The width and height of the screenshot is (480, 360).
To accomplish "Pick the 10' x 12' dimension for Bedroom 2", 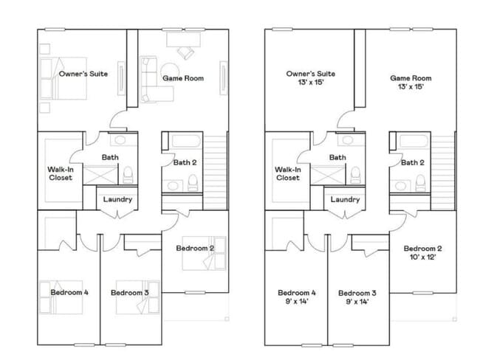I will tap(423, 257).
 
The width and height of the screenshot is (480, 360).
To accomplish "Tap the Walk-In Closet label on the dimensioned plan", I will tap(288, 173).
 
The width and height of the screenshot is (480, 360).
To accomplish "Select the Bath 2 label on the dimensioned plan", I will tap(412, 162).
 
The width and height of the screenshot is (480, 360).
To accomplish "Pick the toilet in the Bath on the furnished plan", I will tap(127, 174).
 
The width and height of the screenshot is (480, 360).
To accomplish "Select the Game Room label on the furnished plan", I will tap(182, 77).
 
